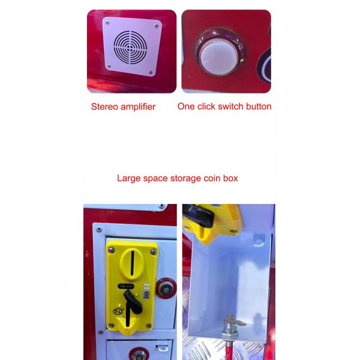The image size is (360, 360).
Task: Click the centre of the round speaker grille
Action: [130, 47]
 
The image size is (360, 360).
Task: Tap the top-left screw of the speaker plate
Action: [107, 23]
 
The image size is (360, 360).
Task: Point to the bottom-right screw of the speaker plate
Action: [151, 73]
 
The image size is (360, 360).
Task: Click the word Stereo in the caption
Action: [104, 107]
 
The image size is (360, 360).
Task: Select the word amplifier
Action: [138, 107]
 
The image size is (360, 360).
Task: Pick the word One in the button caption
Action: [186, 107]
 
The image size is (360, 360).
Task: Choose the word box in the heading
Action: [230, 178]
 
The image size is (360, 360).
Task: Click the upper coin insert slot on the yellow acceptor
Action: [132, 263]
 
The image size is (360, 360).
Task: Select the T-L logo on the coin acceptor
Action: [118, 311]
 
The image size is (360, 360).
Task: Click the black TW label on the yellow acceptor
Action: [126, 286]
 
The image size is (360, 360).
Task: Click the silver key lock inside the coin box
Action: [230, 326]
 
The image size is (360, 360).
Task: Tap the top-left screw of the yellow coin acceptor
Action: [112, 250]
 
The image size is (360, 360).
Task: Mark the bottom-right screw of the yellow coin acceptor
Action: [149, 326]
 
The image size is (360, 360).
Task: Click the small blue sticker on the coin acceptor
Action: [146, 295]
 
